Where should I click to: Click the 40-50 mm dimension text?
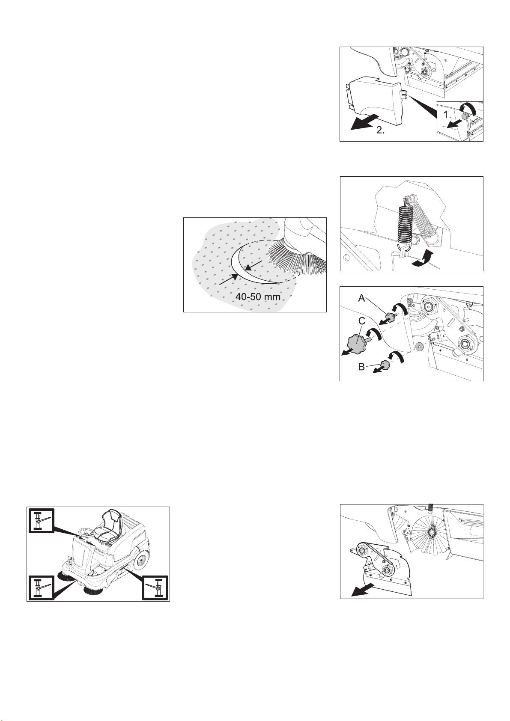click(x=258, y=297)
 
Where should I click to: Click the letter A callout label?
click(x=362, y=298)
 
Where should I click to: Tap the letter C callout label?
click(x=362, y=321)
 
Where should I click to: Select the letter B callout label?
click(x=361, y=367)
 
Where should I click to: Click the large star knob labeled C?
click(x=358, y=344)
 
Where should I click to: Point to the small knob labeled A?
click(x=391, y=317)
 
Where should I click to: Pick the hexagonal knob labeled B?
click(x=385, y=365)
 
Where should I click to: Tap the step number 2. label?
click(x=381, y=131)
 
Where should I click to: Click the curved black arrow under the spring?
click(x=423, y=260)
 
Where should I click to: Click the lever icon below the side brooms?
click(x=40, y=588)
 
